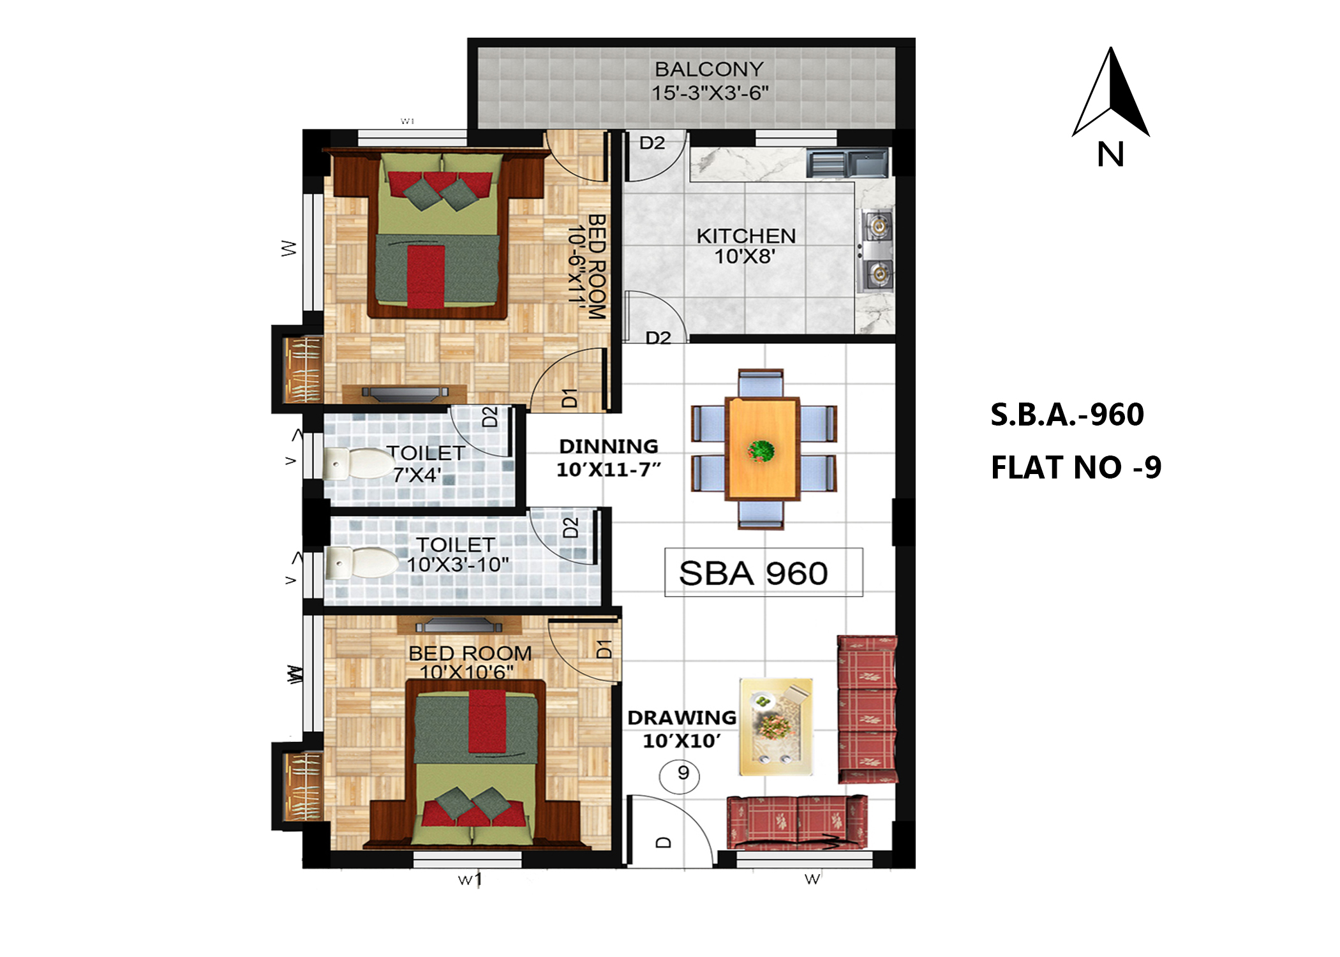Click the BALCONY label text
point(709,69)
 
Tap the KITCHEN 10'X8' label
point(745,246)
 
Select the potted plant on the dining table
point(761,451)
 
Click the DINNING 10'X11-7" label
point(608,458)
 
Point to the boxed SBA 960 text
point(753,573)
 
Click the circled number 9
point(682,774)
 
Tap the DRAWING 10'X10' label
point(681,729)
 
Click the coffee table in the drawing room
point(776,727)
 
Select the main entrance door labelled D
point(664,842)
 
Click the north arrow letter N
point(1110,155)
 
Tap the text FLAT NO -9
point(1076,468)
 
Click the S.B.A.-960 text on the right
point(1067,415)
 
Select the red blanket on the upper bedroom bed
point(426,276)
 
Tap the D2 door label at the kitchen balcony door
point(652,143)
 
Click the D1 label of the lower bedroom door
point(604,649)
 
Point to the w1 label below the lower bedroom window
point(470,880)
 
